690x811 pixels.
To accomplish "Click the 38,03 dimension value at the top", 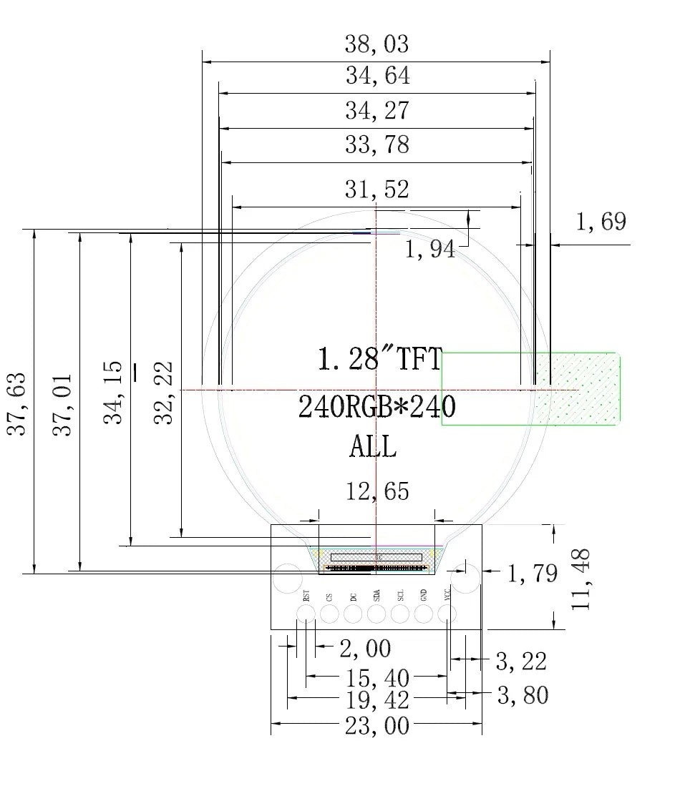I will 376,44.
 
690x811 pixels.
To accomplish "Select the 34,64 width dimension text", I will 376,76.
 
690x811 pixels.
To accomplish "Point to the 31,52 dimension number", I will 376,190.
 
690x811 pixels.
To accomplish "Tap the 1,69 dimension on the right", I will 601,222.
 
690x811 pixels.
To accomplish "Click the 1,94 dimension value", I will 429,250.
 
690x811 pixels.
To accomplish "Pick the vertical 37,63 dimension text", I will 16,403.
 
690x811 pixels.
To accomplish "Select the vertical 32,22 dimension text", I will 165,393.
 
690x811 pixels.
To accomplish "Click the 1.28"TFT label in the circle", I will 380,359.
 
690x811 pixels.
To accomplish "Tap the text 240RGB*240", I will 376,408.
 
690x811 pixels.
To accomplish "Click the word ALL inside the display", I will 372,448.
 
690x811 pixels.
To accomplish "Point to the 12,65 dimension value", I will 377,491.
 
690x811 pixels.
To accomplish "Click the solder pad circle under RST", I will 306,614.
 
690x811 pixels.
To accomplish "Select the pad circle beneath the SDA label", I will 376,614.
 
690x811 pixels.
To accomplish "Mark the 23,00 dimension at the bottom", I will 376,727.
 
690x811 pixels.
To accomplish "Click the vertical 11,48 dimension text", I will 581,579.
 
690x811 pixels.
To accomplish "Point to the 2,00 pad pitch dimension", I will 365,649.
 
